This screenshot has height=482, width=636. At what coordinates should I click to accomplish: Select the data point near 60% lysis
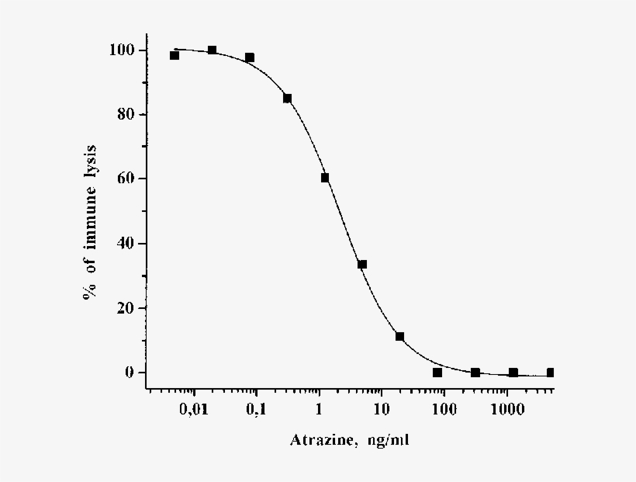tap(325, 178)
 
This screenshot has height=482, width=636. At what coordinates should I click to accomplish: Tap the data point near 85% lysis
tap(287, 99)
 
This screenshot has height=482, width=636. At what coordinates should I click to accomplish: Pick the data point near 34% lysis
tap(362, 265)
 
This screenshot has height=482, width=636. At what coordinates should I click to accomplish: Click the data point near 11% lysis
tap(399, 337)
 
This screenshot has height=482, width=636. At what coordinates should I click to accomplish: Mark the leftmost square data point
tap(175, 55)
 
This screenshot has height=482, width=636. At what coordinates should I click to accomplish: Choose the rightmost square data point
tap(550, 373)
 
